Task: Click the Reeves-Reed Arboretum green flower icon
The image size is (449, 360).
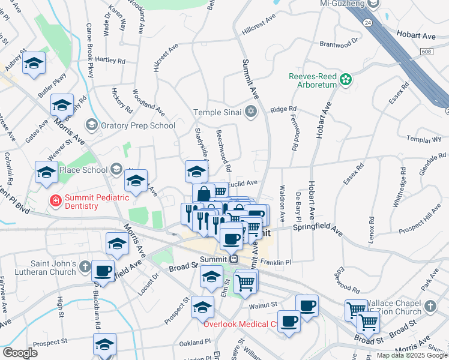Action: [x=346, y=79]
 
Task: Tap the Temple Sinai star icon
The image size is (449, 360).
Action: [x=250, y=112]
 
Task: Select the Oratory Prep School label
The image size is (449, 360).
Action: [x=137, y=125]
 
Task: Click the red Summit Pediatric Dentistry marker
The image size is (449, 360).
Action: [x=55, y=200]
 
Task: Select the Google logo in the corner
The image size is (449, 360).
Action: [x=20, y=353]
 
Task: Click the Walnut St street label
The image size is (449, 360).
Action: [x=262, y=306]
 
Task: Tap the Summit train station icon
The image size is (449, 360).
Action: [x=234, y=259]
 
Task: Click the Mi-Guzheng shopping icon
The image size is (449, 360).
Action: [x=373, y=4]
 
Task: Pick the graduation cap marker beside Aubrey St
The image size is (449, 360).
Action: [x=34, y=63]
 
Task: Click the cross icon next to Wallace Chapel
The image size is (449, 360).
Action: [x=429, y=307]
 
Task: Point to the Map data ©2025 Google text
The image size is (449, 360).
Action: [x=412, y=355]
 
